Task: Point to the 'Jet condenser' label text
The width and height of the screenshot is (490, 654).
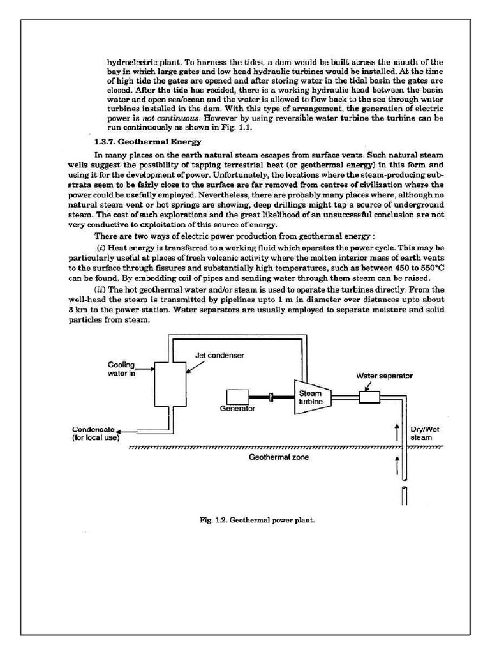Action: [220, 354]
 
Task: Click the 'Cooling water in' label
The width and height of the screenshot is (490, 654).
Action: [122, 369]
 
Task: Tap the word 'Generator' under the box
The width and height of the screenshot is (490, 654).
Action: [237, 408]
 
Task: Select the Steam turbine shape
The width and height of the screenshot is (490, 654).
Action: [310, 397]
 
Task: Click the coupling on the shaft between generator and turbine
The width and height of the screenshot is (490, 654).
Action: [272, 397]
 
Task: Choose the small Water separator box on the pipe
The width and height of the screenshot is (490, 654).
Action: [369, 397]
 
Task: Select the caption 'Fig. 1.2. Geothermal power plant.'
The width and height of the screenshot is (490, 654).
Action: [257, 520]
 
